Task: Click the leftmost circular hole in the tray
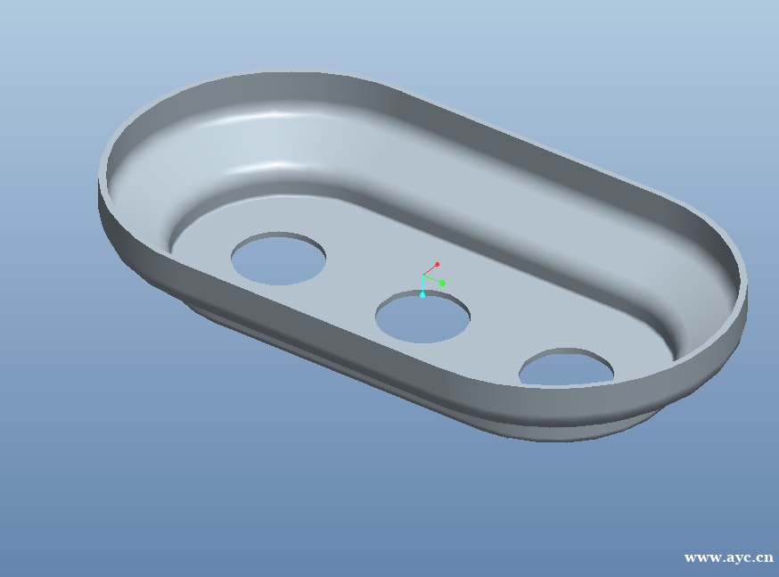click(278, 259)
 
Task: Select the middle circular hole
click(422, 317)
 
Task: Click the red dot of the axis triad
click(438, 264)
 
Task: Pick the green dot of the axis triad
click(442, 284)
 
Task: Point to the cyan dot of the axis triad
click(422, 295)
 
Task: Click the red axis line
click(430, 270)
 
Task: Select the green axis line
click(431, 279)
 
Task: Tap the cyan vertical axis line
click(422, 284)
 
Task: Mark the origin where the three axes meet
click(422, 276)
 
